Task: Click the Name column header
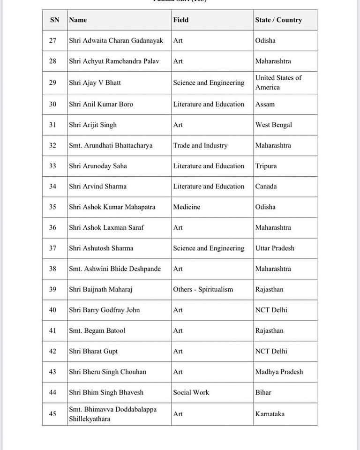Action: [78, 20]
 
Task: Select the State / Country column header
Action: [278, 20]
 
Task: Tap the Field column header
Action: [181, 20]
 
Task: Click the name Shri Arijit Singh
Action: [93, 125]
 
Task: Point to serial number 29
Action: [52, 82]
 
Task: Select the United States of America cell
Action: [278, 82]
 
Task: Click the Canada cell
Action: [266, 186]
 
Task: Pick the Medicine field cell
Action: [187, 207]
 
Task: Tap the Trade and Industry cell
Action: [200, 145]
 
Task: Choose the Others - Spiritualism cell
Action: [203, 289]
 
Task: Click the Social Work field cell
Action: [191, 392]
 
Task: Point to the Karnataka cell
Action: [270, 414]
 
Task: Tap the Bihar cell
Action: [263, 392]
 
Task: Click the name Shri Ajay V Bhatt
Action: [95, 82]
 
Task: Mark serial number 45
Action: [52, 414]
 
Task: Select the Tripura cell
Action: [266, 166]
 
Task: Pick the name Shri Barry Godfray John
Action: [104, 310]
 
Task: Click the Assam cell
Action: [265, 104]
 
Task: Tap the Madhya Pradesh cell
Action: [279, 372]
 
